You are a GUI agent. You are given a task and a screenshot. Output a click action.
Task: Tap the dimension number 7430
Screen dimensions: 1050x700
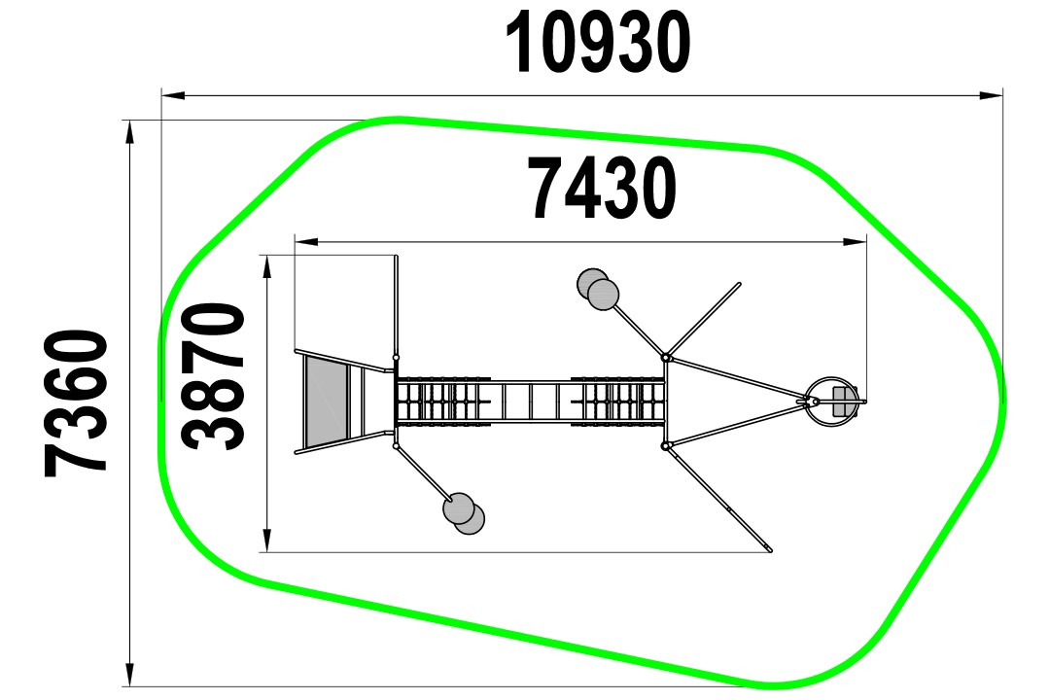click(x=603, y=189)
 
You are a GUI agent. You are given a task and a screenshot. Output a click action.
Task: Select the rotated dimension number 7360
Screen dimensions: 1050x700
click(x=76, y=403)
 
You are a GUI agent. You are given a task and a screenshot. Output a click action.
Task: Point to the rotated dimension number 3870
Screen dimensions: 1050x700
click(x=214, y=376)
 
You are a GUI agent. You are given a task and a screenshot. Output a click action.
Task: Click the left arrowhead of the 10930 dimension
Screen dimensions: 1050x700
click(x=173, y=96)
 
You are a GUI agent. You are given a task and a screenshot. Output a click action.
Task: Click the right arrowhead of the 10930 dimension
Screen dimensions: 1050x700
click(x=991, y=96)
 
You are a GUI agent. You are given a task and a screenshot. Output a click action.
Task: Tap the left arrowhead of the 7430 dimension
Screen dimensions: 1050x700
click(x=306, y=241)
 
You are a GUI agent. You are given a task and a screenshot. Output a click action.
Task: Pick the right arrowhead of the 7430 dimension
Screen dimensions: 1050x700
click(x=856, y=241)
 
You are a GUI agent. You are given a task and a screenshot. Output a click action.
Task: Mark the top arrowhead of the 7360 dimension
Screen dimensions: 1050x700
click(x=129, y=132)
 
